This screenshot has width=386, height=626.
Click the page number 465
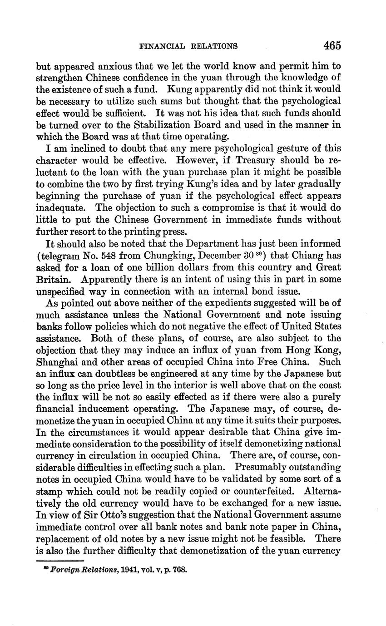[332, 45]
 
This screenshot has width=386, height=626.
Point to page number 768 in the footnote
[179, 569]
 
